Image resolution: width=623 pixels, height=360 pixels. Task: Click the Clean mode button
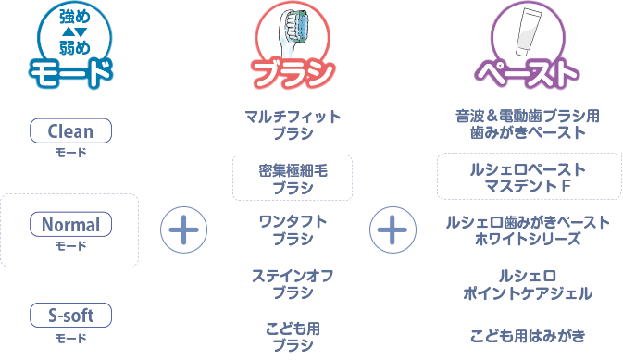tap(70, 131)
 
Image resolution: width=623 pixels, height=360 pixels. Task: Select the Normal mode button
tap(70, 224)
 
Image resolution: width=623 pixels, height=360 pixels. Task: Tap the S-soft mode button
tap(70, 316)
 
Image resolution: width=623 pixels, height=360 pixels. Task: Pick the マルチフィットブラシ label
tap(293, 125)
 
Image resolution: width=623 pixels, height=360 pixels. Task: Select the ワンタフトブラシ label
tap(293, 230)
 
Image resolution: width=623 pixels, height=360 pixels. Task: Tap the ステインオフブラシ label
tap(293, 283)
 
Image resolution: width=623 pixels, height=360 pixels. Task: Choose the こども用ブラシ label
tap(293, 336)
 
